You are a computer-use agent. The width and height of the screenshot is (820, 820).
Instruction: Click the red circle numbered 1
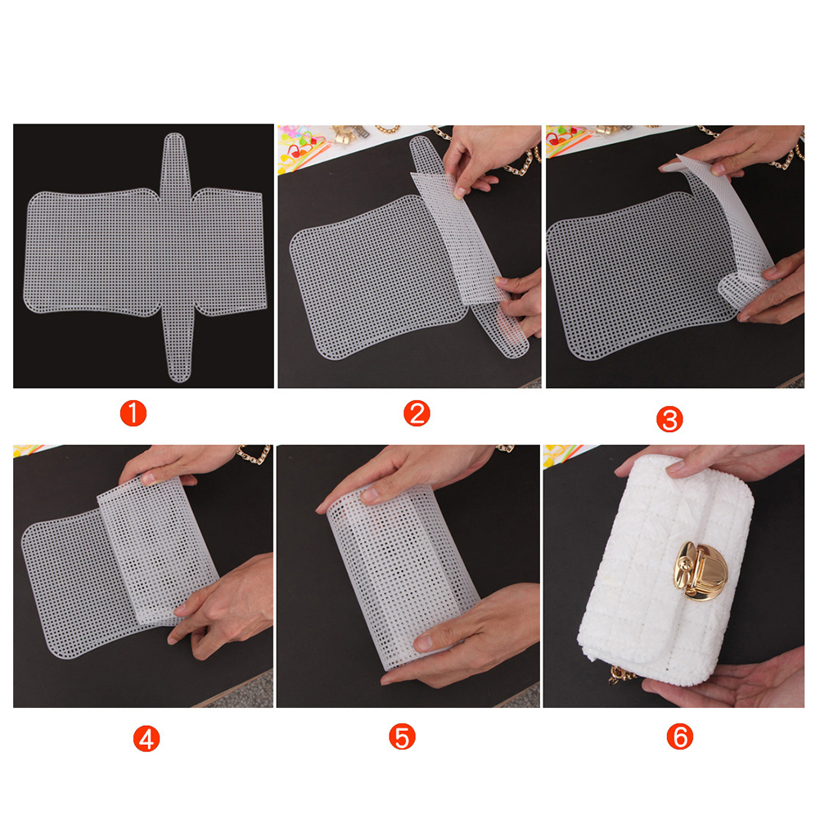pos(133,413)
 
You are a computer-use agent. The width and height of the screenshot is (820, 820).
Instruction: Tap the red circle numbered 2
pos(417,413)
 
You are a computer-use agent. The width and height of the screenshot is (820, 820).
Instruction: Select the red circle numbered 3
pos(669,419)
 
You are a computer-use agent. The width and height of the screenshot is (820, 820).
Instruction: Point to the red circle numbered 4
pos(146,738)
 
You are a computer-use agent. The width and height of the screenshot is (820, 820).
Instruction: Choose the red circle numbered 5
pos(402,737)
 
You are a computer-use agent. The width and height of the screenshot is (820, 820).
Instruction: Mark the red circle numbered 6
pos(680,737)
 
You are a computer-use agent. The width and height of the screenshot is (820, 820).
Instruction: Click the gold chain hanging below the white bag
pos(621,674)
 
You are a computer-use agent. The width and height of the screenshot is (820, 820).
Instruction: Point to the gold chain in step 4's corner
pos(255,454)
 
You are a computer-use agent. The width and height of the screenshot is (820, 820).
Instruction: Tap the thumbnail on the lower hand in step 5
pos(422,642)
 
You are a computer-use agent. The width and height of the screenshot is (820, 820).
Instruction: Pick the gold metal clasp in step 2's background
pos(347,134)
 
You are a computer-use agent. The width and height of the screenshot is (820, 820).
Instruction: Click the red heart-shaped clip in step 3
pos(557,138)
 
